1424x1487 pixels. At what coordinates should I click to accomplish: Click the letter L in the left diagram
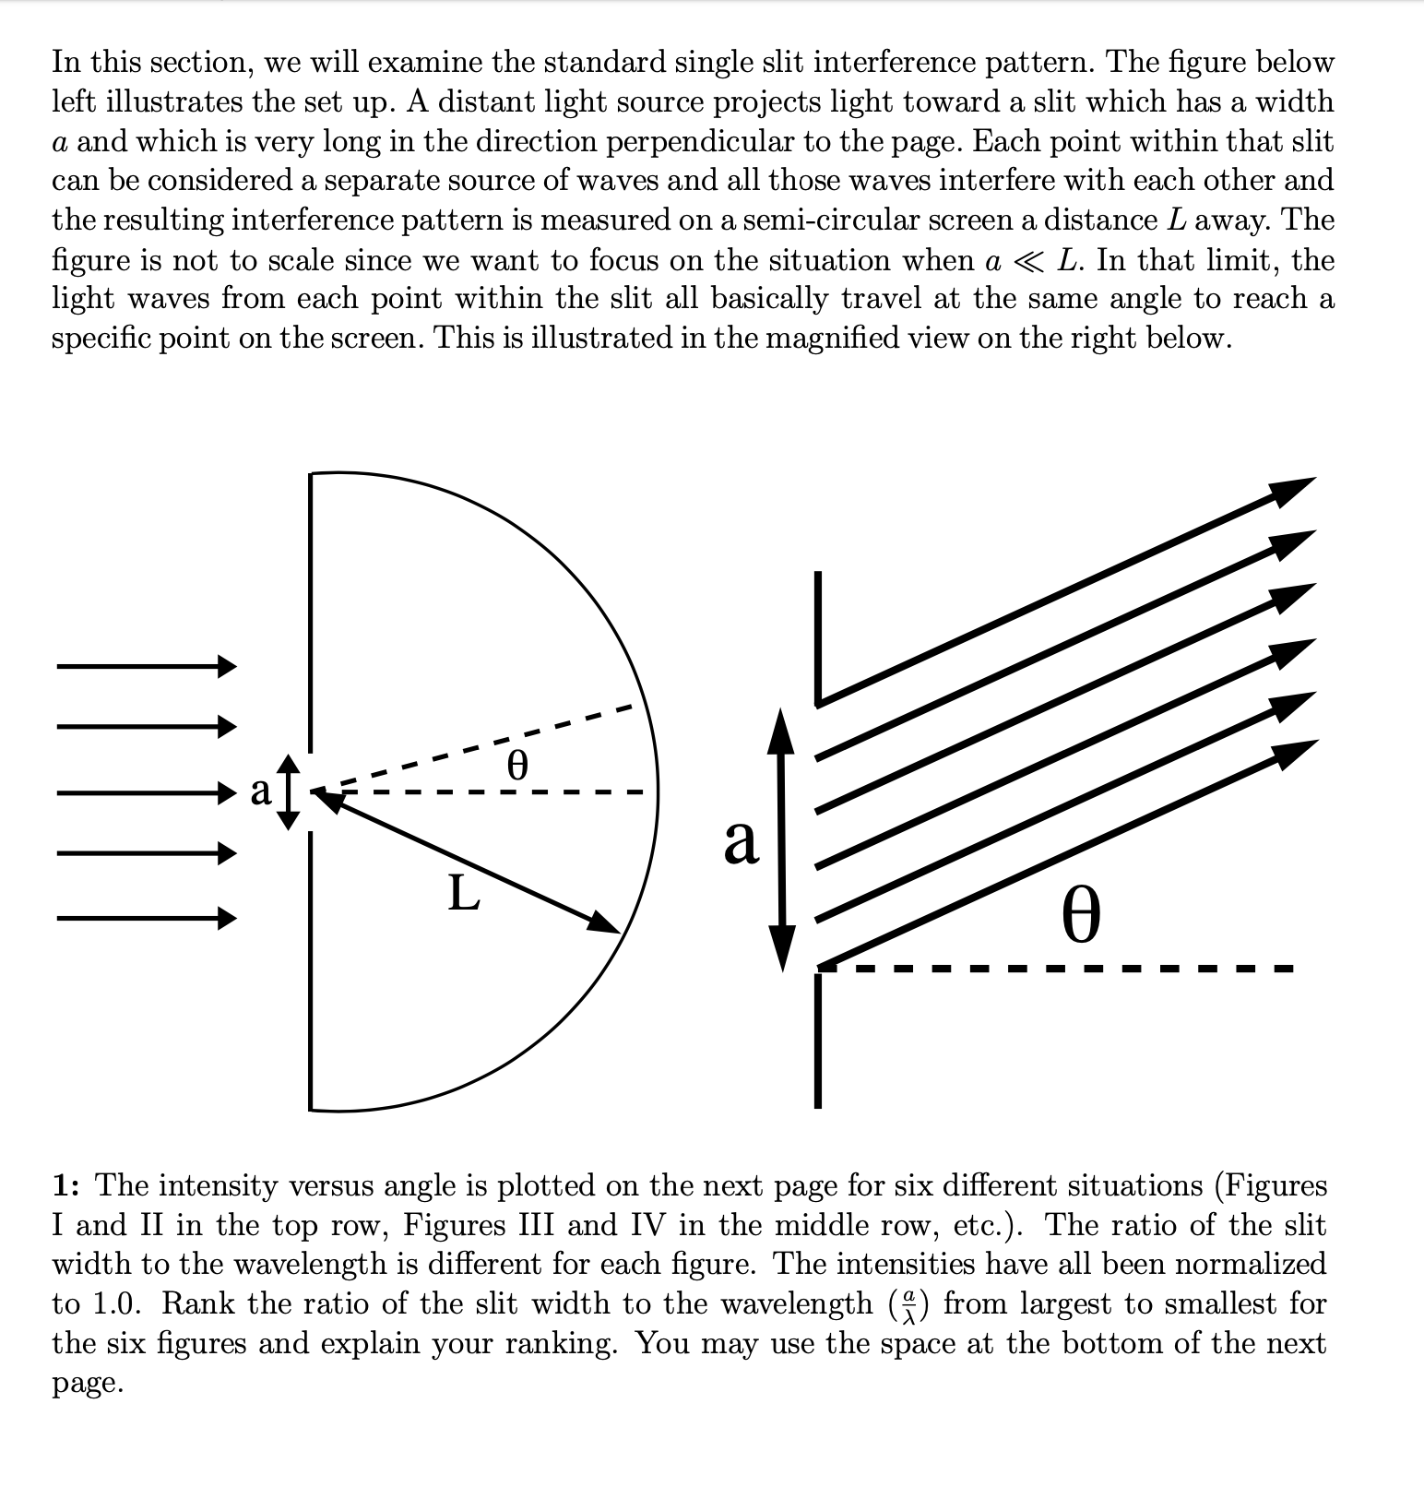[464, 892]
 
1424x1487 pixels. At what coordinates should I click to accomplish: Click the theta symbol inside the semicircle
[518, 765]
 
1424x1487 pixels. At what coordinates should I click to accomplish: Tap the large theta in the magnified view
[1081, 913]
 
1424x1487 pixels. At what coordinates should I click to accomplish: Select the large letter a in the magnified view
[741, 841]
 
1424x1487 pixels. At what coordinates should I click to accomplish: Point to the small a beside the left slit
[262, 791]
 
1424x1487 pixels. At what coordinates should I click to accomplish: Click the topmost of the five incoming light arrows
[147, 665]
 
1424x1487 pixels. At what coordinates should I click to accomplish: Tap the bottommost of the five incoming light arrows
[147, 918]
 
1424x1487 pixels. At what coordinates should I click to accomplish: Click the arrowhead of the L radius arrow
[605, 923]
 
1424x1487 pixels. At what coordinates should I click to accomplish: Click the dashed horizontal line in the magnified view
[1061, 969]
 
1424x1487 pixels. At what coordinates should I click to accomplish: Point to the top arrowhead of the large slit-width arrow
[782, 729]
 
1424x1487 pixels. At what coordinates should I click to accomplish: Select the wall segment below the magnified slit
[818, 1040]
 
